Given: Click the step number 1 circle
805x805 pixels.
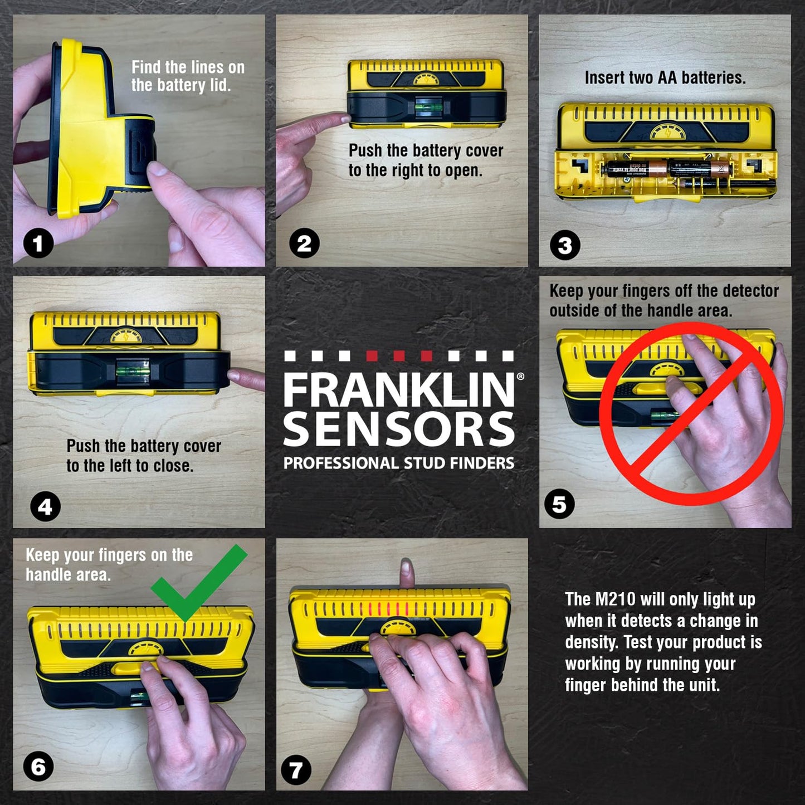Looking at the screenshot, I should click(38, 243).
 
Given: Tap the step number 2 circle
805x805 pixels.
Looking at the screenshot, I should click(304, 243).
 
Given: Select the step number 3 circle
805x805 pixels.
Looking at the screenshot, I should click(565, 245).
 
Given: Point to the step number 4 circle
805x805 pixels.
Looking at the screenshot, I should click(45, 506).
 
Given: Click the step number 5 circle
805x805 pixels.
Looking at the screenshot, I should click(559, 504).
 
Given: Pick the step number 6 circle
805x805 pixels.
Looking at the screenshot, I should click(38, 767).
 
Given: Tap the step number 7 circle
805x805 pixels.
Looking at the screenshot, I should click(296, 770).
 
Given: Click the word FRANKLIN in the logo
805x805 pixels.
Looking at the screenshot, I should click(398, 390).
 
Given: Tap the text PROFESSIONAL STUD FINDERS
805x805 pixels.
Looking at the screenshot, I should click(398, 463).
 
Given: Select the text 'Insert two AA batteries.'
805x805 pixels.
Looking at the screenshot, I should click(665, 77).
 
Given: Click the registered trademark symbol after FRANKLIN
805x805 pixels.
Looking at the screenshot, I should click(520, 377).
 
